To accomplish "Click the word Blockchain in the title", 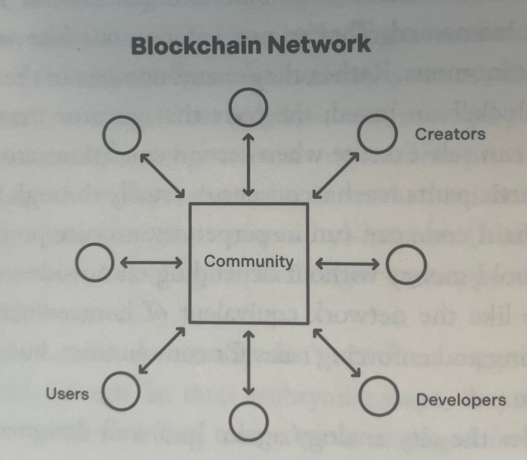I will coord(196,45).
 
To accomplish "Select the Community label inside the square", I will coord(248,261).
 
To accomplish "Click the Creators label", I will coord(450,134).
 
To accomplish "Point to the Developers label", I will coord(461,400).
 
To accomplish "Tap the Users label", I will coord(67,394).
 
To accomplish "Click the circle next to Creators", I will coord(377,134).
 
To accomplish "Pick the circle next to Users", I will coord(121,391).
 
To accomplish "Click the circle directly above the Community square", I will coord(248,107).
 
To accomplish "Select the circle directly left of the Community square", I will coord(95,262).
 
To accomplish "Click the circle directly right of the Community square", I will coord(406,264).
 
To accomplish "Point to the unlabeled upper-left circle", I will coord(122,135).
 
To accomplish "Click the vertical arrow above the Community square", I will coord(248,165).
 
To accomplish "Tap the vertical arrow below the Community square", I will coord(248,363).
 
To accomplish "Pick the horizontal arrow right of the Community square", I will coord(347,264).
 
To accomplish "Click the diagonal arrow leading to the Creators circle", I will coord(335,176).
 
